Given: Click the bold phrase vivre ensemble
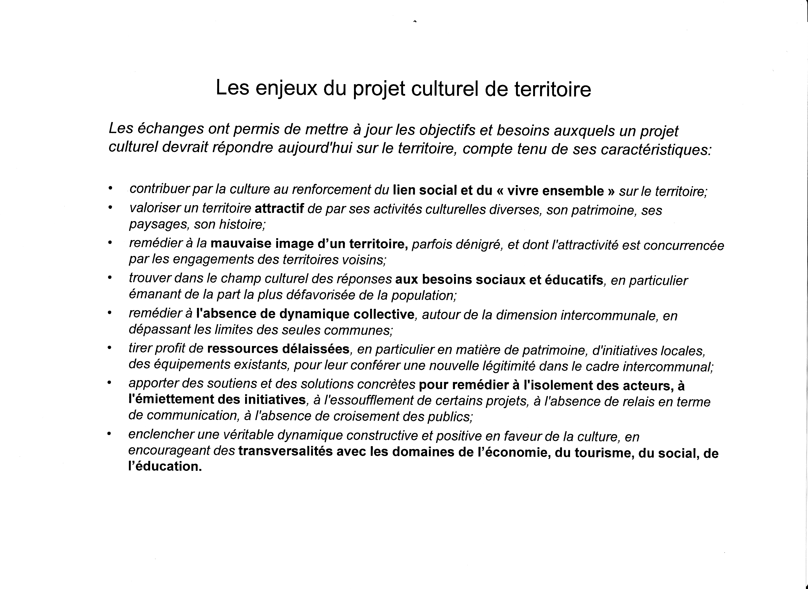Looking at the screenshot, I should point(555,191).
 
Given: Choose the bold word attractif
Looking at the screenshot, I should point(279,209).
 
